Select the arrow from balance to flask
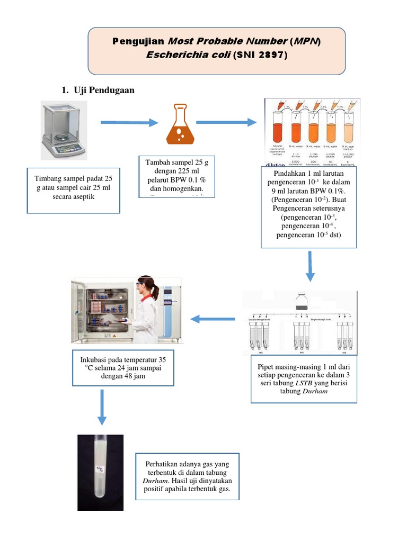click(x=129, y=123)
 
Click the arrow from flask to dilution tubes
click(x=227, y=123)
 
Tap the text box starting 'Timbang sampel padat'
click(x=74, y=191)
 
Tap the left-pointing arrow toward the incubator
click(x=213, y=319)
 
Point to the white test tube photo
click(x=101, y=472)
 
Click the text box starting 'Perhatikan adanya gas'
click(x=187, y=476)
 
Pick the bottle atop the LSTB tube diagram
click(x=302, y=302)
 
